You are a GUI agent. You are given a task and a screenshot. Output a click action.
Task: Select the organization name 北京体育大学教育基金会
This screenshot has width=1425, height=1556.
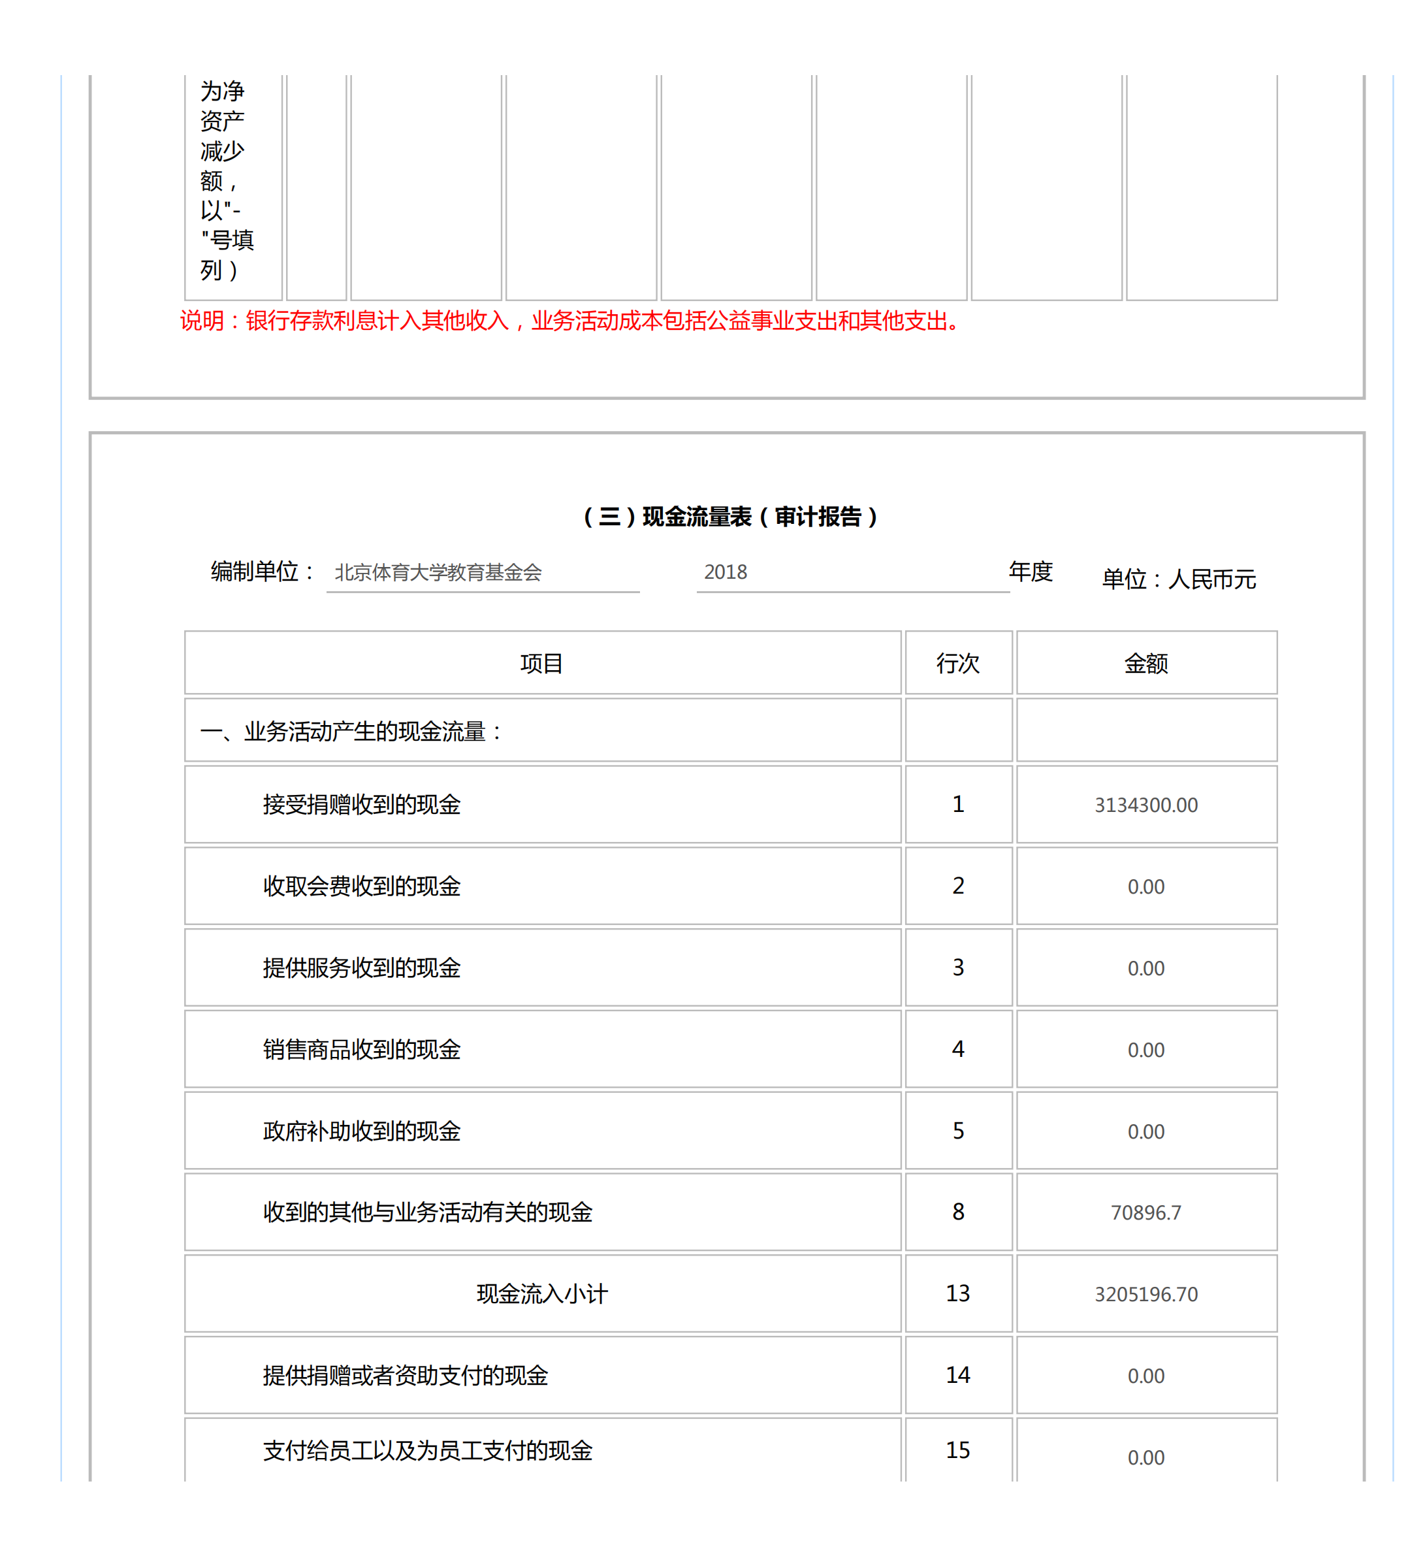coord(438,572)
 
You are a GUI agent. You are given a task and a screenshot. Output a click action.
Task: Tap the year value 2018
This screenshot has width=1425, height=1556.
coord(725,572)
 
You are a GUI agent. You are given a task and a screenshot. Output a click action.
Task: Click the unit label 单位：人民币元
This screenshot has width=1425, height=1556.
coord(1178,579)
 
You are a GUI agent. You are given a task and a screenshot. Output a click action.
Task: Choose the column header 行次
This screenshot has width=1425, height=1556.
coord(957,663)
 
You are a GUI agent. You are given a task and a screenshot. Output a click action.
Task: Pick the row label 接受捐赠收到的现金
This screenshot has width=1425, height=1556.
coord(361,804)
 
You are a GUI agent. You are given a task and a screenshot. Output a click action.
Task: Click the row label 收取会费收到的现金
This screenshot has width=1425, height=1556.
coord(361,886)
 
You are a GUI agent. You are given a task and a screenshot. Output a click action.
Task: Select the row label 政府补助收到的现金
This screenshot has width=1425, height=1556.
coord(361,1131)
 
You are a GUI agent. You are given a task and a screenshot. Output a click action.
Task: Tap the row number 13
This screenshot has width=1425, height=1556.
coord(957,1293)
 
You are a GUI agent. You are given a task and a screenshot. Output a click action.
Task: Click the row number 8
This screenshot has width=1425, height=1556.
coord(957,1212)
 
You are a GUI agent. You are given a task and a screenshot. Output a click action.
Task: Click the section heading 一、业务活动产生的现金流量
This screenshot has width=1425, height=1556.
coord(352,731)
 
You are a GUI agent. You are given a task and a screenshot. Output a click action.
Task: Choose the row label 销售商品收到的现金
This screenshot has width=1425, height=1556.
coord(361,1049)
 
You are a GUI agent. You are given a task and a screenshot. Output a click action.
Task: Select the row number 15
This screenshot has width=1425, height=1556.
coord(957,1450)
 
